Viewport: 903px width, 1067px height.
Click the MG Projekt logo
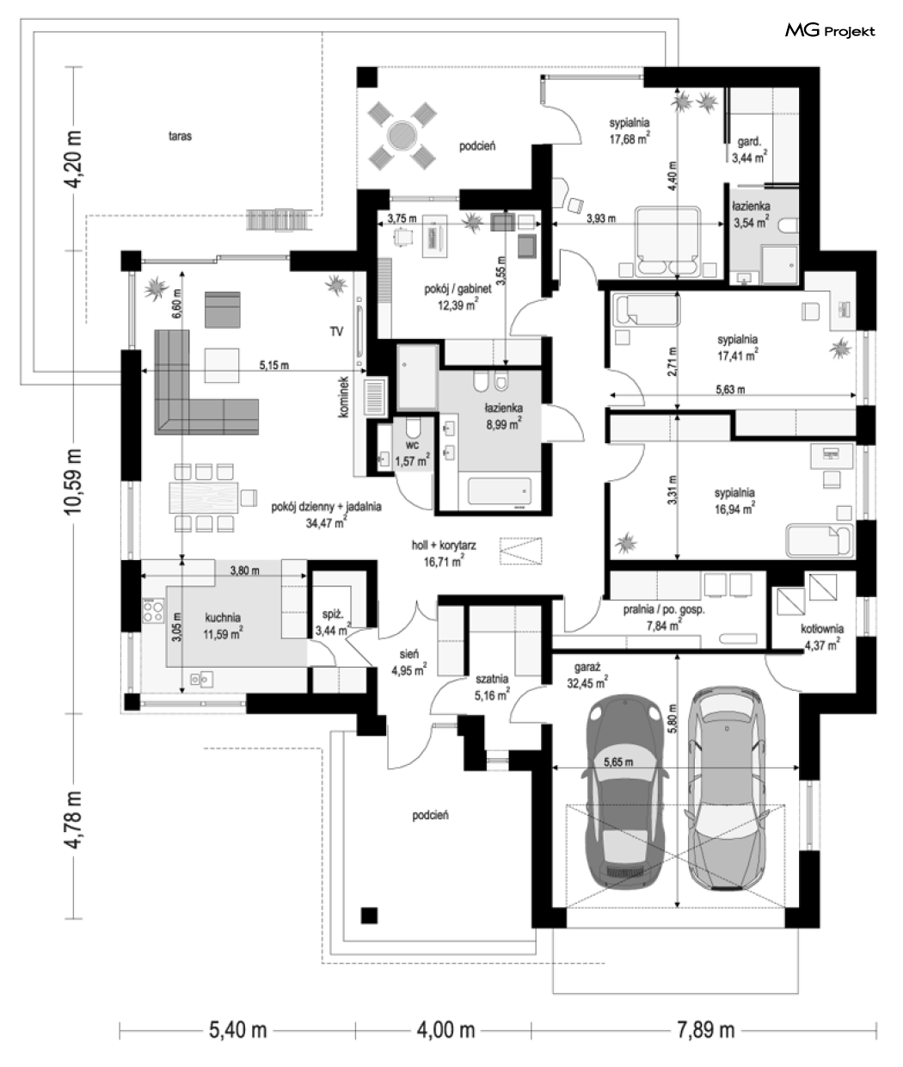point(830,31)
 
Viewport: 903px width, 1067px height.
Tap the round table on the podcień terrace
point(402,136)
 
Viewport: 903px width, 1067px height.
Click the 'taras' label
point(180,136)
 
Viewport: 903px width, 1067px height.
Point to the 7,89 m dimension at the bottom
point(705,1030)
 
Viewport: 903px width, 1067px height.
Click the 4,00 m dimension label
point(445,1030)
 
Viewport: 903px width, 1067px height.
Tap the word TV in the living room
point(336,331)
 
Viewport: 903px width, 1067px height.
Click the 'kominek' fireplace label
point(344,397)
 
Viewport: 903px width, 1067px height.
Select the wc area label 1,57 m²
point(412,461)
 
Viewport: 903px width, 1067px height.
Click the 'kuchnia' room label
point(223,617)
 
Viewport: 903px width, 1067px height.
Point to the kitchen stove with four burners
point(154,610)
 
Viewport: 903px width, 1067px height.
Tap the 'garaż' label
point(587,668)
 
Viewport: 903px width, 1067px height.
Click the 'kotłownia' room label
point(822,629)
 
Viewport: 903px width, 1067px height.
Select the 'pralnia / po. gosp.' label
point(664,609)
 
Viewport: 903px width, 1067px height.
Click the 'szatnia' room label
point(492,679)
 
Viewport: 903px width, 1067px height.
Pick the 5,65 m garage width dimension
point(618,762)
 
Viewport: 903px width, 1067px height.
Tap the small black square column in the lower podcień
point(369,916)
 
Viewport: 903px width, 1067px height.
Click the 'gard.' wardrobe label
point(749,141)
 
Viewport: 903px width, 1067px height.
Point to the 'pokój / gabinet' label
point(458,289)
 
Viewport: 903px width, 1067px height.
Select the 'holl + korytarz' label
point(444,545)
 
